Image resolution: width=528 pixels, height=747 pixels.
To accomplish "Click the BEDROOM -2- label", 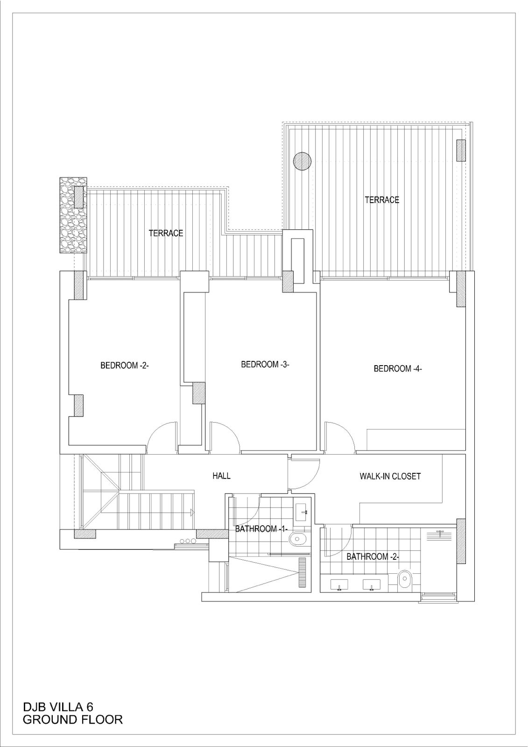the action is (124, 366).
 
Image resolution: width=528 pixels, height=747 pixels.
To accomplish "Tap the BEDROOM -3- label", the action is (265, 365).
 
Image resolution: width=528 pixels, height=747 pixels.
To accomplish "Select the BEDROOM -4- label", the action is (398, 369).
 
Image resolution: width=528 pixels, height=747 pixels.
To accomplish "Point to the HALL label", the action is (221, 476).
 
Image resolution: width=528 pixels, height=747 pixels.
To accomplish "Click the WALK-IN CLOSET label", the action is (390, 476).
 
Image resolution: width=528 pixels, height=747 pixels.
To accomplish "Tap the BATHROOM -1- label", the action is (261, 529).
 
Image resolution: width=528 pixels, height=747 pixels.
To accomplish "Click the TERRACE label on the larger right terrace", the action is (382, 200).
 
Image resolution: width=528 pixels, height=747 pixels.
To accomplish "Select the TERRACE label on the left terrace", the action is (166, 233).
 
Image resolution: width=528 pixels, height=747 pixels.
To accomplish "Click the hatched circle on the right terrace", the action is (302, 162).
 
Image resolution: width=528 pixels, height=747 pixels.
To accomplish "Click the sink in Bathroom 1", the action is (303, 512).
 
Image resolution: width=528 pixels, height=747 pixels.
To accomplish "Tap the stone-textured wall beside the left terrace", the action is (73, 215).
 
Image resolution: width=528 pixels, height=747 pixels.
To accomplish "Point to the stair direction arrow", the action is (193, 513).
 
